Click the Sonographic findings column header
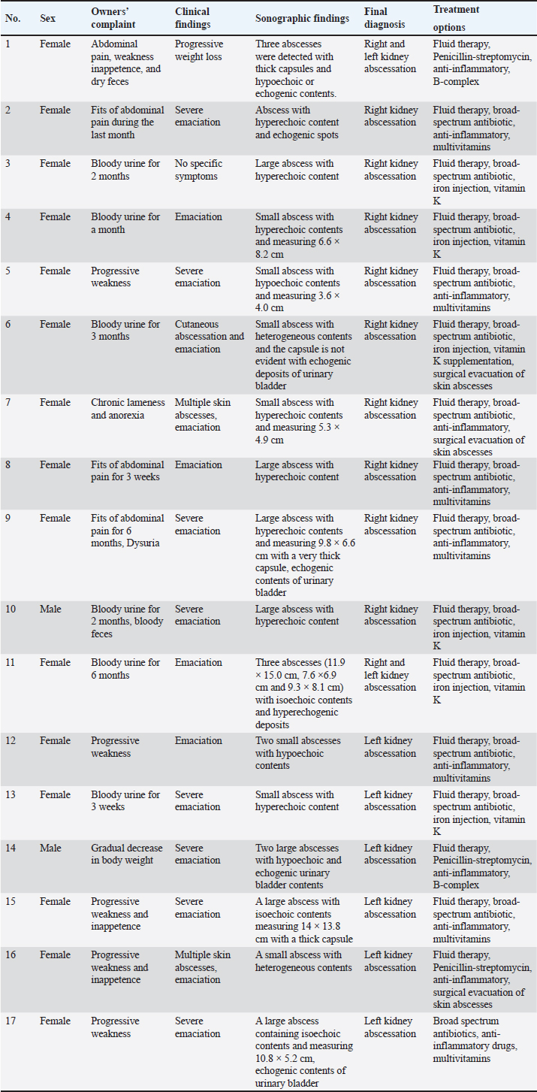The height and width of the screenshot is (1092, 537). pos(302,19)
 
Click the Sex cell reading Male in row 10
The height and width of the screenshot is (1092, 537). pos(52,610)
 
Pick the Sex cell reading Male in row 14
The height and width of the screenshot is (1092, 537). pos(52,848)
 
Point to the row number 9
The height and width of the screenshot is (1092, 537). pos(8,519)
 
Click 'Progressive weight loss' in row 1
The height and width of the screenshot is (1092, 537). pos(199,50)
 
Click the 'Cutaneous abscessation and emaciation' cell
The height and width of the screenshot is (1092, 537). pos(210,337)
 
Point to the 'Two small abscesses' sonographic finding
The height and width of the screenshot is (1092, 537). pos(297,741)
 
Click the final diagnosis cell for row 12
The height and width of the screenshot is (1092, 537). pos(390,747)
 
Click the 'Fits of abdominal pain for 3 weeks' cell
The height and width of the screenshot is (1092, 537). pos(127,471)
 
